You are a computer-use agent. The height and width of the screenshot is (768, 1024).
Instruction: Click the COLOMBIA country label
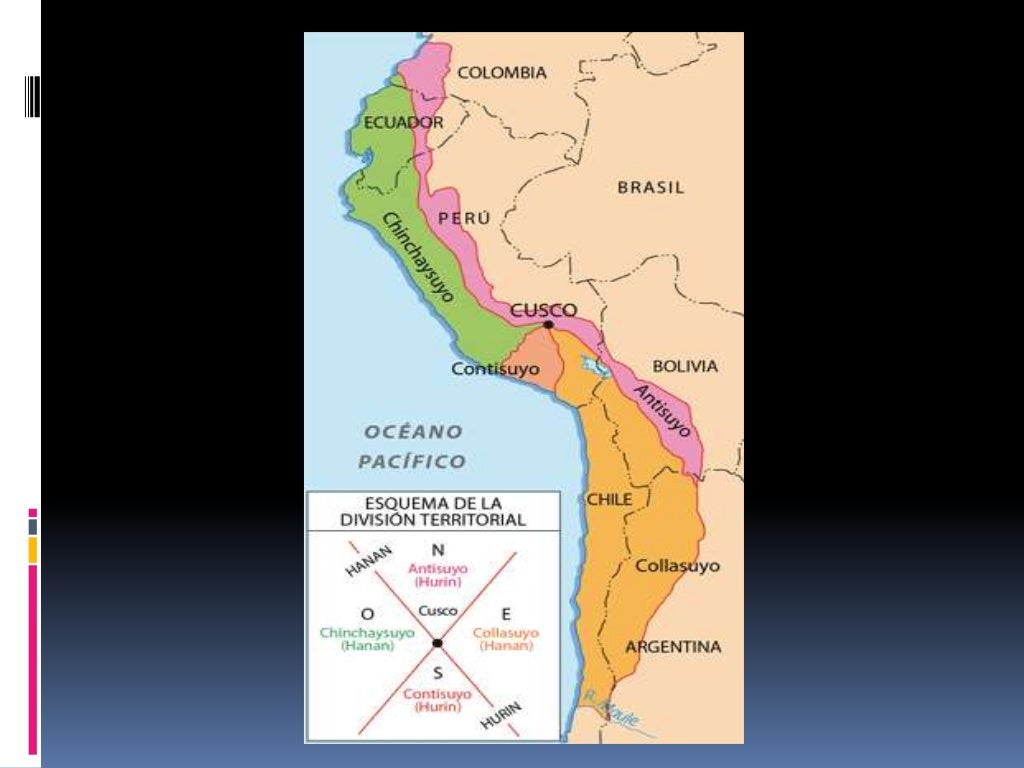tap(502, 73)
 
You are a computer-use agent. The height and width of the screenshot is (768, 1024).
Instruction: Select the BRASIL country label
tap(650, 187)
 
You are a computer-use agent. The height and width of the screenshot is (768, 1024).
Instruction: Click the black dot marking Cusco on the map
tap(548, 324)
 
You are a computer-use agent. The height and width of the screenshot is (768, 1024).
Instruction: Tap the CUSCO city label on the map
tap(543, 310)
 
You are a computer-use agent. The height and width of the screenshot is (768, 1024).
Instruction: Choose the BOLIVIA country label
tap(685, 366)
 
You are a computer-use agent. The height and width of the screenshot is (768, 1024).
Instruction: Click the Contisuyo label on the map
tap(495, 369)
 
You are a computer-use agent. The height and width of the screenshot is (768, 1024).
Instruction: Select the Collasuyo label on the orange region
tap(677, 566)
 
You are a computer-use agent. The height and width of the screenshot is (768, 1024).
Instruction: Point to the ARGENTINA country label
tap(673, 647)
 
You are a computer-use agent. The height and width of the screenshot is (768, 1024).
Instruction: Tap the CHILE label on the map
tap(609, 499)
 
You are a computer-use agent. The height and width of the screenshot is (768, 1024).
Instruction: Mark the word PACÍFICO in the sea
tap(412, 461)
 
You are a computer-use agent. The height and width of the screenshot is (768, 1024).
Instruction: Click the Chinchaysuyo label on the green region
tap(418, 257)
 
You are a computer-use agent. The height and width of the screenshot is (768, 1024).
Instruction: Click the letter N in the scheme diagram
tap(437, 550)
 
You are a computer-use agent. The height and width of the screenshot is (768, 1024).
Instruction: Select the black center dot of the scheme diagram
tap(437, 642)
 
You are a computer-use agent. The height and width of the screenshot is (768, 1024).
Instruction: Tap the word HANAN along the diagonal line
tap(368, 561)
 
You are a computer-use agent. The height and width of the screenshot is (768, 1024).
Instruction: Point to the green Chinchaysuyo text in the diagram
tap(367, 632)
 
